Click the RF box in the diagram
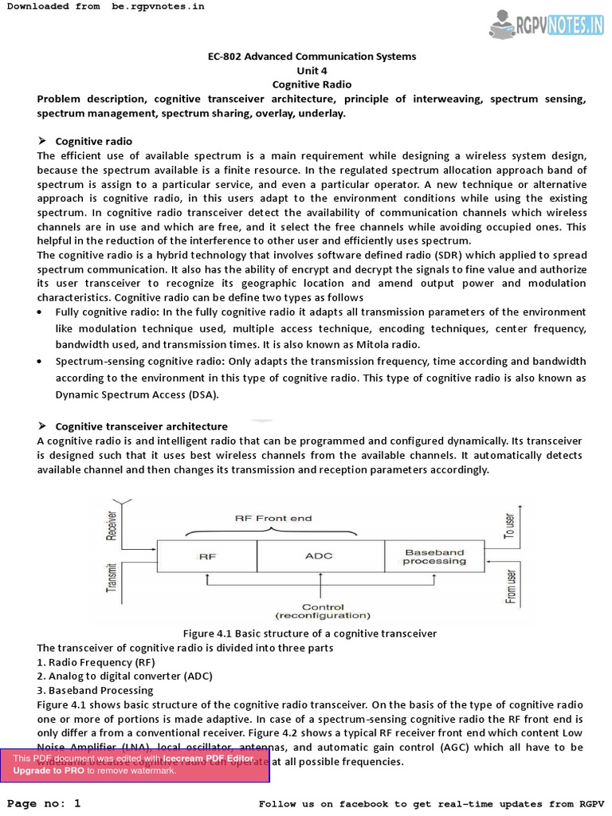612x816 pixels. point(206,555)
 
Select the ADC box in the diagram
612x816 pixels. point(319,555)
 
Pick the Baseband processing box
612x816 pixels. point(434,556)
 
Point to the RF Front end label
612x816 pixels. point(273,518)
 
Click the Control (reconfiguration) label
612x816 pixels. point(323,611)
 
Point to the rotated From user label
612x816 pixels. point(511,583)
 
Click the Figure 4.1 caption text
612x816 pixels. point(310,633)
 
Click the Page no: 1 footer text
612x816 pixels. point(45,803)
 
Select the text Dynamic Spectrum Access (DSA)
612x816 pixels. point(136,394)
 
